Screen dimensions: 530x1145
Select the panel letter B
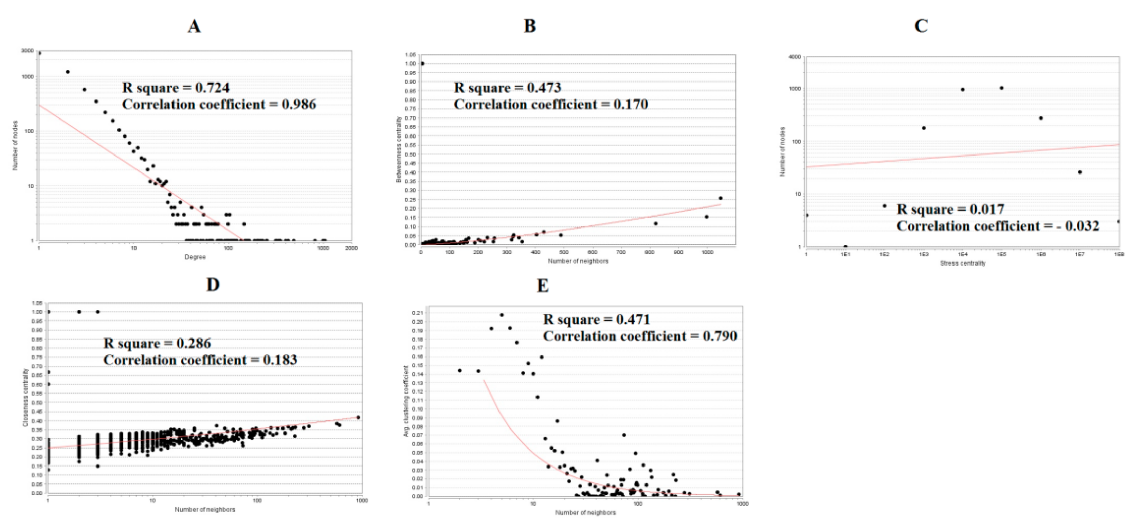[x=529, y=26]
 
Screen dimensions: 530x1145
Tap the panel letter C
[x=921, y=26]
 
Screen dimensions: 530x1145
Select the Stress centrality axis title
[x=962, y=263]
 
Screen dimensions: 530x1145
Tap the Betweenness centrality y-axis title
[x=399, y=149]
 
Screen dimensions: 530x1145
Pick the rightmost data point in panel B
[x=721, y=198]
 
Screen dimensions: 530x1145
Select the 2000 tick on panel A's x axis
[x=351, y=248]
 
